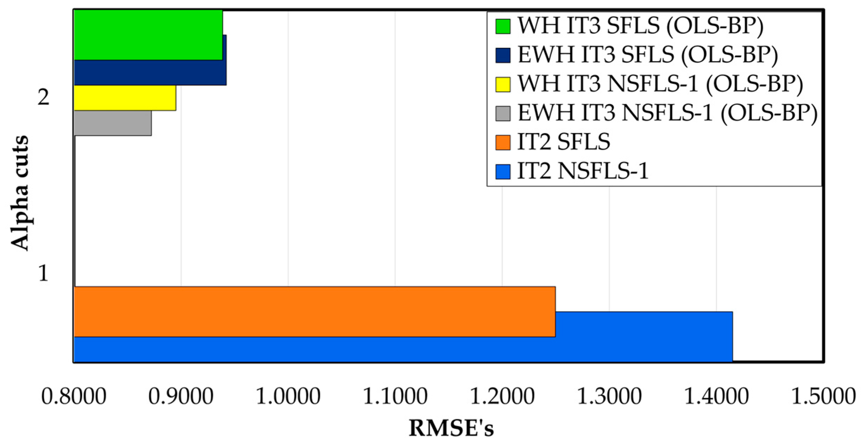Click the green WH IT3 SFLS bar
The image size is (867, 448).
pos(148,35)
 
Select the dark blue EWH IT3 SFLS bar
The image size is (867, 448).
pos(150,72)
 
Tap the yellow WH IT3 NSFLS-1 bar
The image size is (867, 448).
pos(125,98)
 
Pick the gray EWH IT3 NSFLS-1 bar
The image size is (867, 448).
pos(113,123)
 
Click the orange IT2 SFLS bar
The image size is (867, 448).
pos(314,311)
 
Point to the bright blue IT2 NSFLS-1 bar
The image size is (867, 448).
pos(403,349)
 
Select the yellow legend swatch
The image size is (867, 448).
pos(503,84)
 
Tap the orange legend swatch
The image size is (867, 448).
pos(503,143)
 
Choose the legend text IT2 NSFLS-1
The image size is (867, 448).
pos(583,172)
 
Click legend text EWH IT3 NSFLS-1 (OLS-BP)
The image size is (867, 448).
pos(667,113)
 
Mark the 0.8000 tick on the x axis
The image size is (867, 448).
pos(74,396)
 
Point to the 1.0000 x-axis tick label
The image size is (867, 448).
pos(288,396)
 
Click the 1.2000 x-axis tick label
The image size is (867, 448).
pos(502,396)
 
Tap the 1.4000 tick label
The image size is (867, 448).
pos(716,396)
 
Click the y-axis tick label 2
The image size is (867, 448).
pos(43,97)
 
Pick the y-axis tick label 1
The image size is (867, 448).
pos(43,273)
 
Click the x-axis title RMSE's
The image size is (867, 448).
pos(451,429)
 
